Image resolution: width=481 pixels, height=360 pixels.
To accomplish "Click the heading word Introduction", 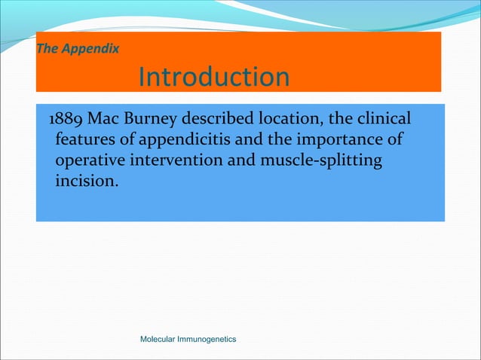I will (x=214, y=77).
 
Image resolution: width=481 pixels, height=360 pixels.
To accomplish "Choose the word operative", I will (x=89, y=161).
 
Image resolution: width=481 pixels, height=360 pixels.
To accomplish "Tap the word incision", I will (x=84, y=182).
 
